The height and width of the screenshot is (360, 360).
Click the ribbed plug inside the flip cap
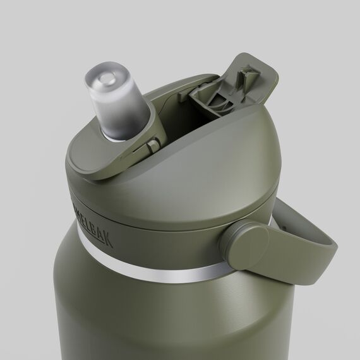pyautogui.click(x=212, y=95)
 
